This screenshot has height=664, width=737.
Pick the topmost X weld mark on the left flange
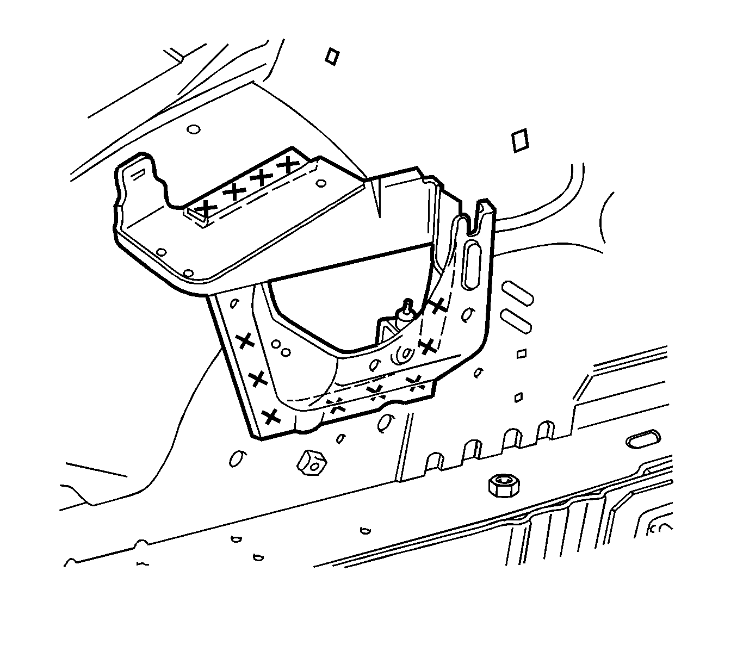pyautogui.click(x=246, y=342)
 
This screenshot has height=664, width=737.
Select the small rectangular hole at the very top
pyautogui.click(x=332, y=56)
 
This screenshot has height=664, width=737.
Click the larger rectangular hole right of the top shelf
pyautogui.click(x=520, y=140)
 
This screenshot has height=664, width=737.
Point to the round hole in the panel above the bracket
pyautogui.click(x=193, y=130)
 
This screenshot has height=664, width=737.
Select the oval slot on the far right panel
pyautogui.click(x=643, y=440)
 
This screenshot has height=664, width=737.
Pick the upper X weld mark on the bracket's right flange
pyautogui.click(x=438, y=306)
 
